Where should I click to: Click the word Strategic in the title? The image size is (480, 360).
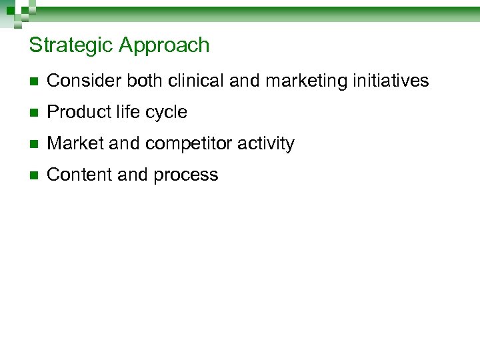coord(71,45)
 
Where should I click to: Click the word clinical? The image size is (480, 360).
coord(196,81)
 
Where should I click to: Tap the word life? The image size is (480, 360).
coord(126,113)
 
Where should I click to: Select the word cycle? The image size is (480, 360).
coord(165,113)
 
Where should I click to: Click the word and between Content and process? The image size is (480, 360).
coord(133,175)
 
